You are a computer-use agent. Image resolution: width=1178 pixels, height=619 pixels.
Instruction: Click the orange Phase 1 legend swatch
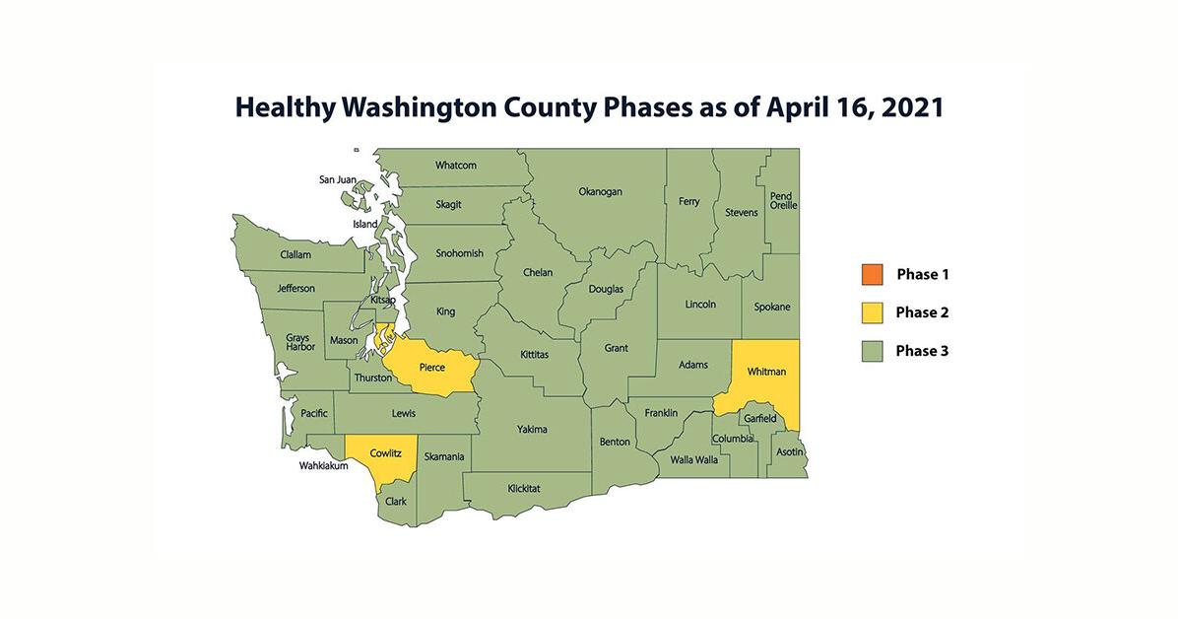click(872, 274)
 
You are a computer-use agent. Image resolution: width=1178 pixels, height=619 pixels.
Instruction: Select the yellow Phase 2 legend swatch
click(872, 312)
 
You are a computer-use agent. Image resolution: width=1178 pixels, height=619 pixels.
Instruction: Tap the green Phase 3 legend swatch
click(872, 351)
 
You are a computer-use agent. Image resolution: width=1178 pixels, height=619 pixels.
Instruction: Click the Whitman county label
click(766, 372)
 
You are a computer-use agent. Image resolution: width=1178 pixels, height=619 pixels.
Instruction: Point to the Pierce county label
click(431, 368)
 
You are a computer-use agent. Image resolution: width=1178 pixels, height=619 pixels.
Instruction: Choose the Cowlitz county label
click(385, 453)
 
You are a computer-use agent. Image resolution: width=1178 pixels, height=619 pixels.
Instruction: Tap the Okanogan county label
click(600, 191)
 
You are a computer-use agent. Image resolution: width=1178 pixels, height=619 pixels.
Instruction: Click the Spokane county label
click(771, 307)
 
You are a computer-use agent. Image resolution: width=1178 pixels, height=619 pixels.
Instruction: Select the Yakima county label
click(532, 429)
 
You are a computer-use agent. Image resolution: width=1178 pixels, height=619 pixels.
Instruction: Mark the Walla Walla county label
click(693, 459)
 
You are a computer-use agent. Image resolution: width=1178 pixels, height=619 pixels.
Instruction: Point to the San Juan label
click(337, 179)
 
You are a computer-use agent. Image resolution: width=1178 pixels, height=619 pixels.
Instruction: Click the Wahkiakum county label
click(324, 466)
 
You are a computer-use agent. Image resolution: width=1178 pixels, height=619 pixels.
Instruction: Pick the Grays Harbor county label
click(297, 342)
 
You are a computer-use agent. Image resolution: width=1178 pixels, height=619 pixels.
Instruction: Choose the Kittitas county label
click(534, 354)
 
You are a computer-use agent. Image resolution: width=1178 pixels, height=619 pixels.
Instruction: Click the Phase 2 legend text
click(922, 312)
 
